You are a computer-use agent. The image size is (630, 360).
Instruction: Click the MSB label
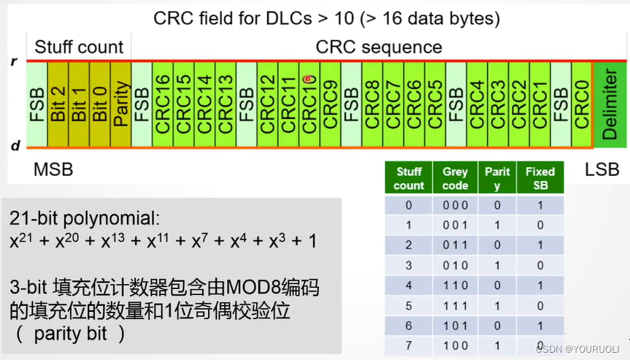coord(53,170)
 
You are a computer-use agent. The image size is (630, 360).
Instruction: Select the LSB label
coord(602,170)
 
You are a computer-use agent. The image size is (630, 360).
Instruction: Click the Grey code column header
coord(456,178)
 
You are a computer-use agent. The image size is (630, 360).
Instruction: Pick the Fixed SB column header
coord(540,178)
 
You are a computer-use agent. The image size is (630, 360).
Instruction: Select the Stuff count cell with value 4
coord(409,283)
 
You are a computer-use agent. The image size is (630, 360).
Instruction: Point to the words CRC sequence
coord(379,47)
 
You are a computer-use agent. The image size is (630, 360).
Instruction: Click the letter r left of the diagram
coord(14,61)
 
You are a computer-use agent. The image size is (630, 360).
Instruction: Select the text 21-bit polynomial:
coord(83,218)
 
